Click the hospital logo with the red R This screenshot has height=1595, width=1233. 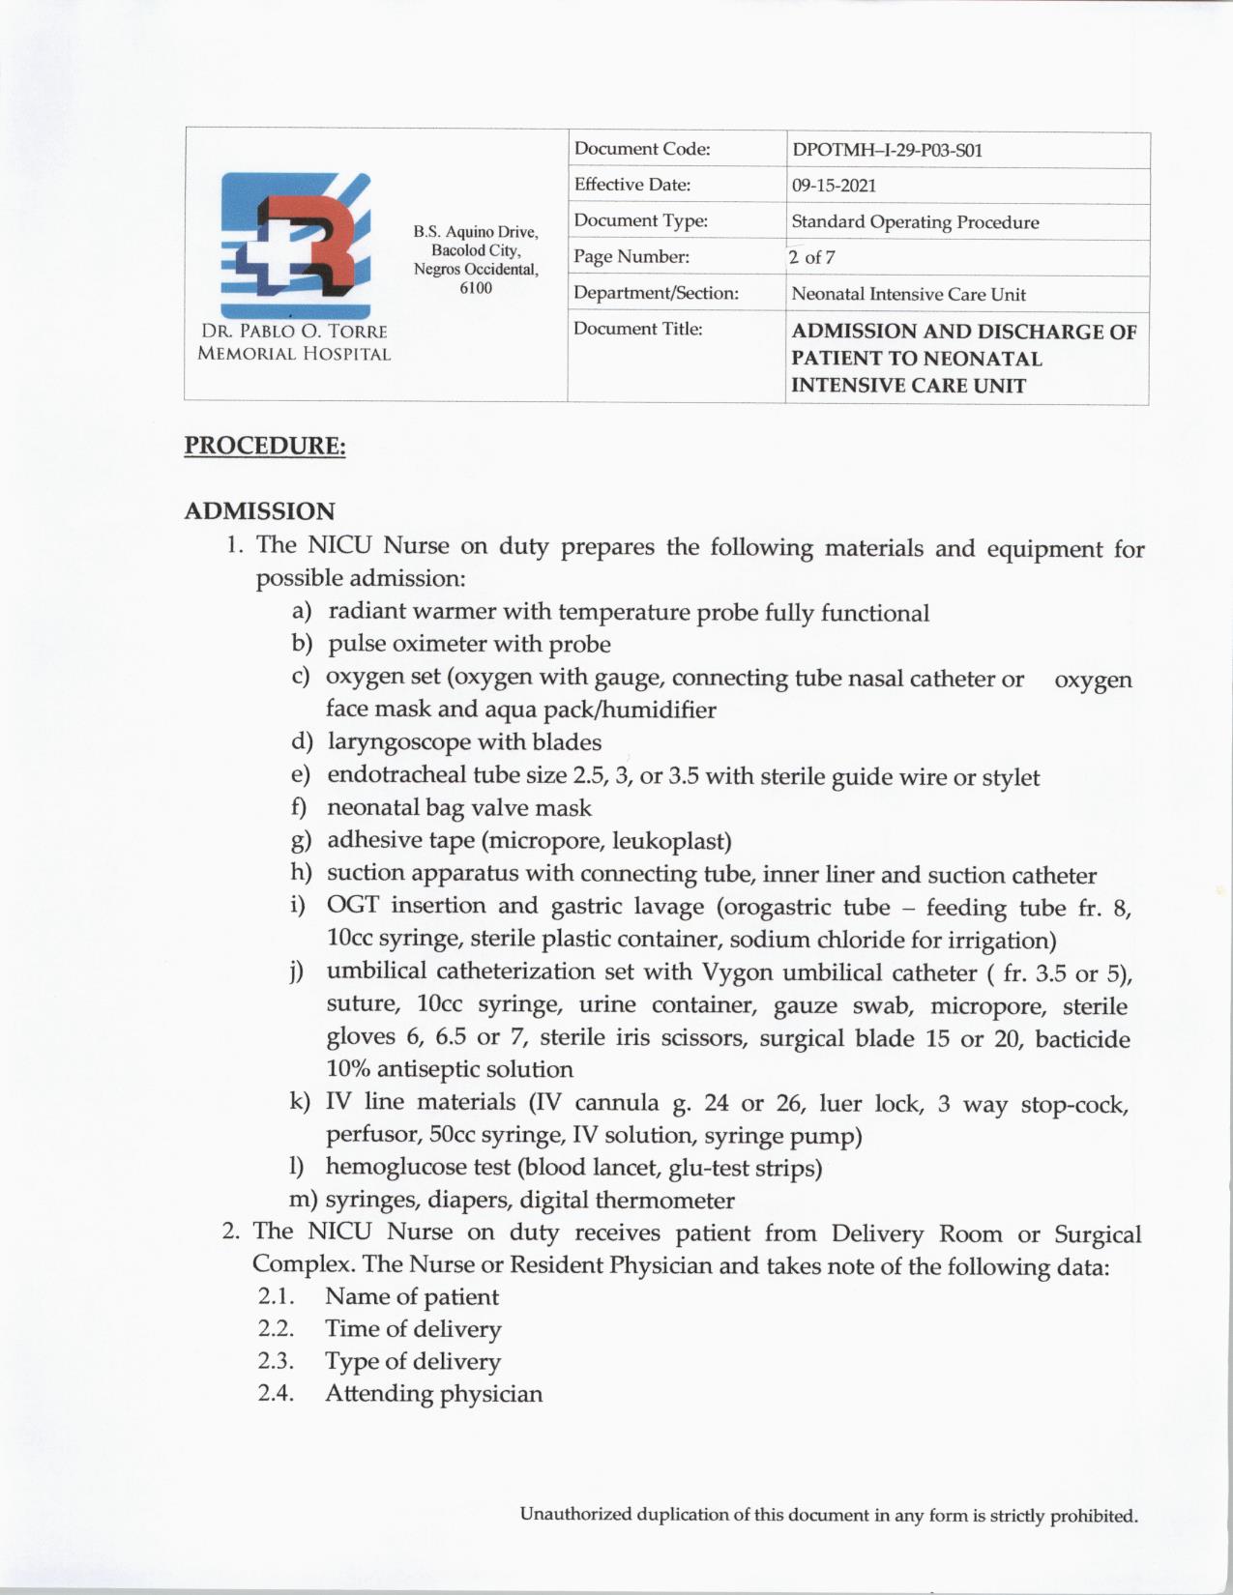tap(295, 246)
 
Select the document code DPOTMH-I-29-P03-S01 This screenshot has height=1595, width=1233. tap(887, 151)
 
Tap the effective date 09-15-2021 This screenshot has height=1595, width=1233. tap(834, 186)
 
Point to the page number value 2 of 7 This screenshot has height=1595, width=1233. tap(811, 258)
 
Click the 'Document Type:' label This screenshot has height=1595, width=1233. tap(640, 221)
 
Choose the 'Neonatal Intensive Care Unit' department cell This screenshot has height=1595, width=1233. tap(908, 295)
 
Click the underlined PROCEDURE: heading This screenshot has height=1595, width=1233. tap(265, 447)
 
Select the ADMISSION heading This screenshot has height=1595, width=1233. tap(259, 511)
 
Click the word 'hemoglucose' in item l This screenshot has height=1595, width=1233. tap(397, 1168)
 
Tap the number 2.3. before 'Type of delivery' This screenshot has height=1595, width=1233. tap(276, 1361)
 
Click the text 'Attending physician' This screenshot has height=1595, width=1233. tap(433, 1394)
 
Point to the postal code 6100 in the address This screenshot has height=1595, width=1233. tap(476, 288)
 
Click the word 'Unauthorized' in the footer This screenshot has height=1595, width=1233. tap(575, 1515)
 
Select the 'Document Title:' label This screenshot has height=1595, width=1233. tap(637, 330)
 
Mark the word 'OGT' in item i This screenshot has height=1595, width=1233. tap(352, 907)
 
